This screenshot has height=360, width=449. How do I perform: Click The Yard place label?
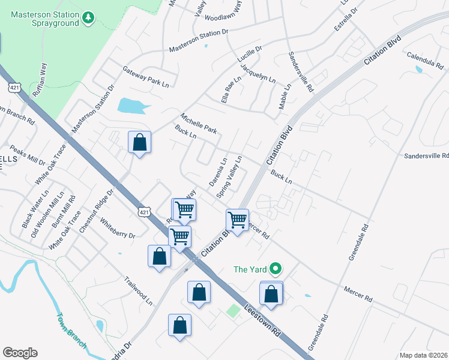click(250, 268)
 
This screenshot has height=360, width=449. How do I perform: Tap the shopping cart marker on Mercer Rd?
click(238, 220)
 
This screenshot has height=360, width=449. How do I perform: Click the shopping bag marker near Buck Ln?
click(139, 143)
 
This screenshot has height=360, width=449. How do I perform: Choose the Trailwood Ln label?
click(138, 291)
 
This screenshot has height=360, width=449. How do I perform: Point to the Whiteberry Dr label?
click(118, 227)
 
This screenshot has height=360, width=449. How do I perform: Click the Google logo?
click(20, 353)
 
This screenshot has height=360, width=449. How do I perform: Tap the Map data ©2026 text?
click(423, 355)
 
